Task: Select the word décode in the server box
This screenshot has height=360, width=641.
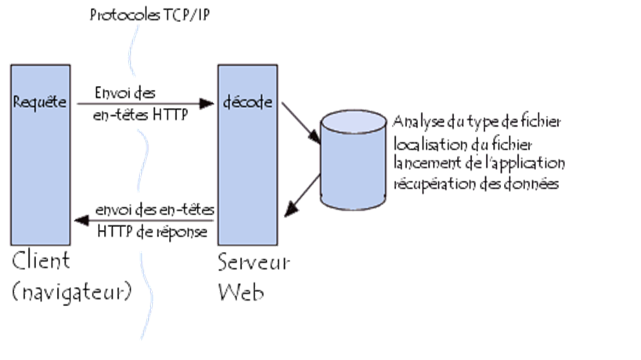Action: point(243,103)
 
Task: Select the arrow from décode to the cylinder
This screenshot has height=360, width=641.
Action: point(301,121)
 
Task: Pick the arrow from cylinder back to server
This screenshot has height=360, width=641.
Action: point(302,195)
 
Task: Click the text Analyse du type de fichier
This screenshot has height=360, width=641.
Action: point(477,123)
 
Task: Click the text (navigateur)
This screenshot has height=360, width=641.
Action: point(71,292)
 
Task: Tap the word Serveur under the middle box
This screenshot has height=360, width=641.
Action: point(253,261)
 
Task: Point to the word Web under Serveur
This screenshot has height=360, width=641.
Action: point(240,292)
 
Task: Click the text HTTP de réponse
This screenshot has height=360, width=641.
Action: point(153,232)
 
